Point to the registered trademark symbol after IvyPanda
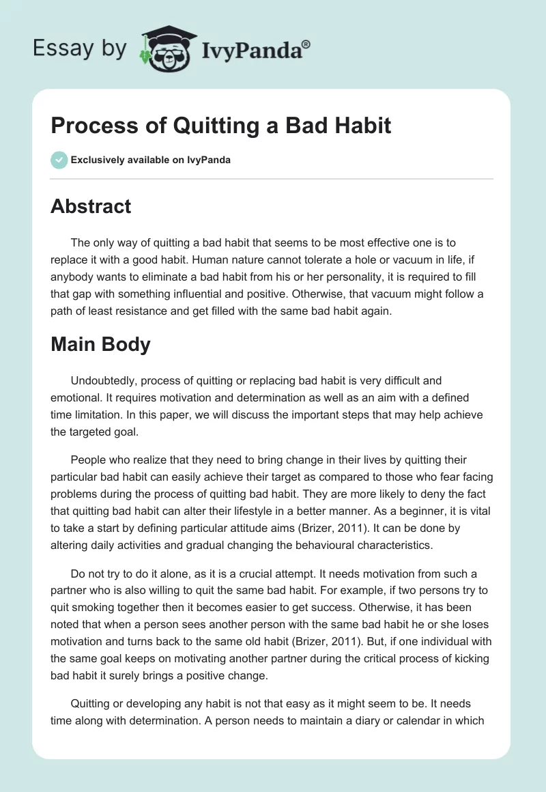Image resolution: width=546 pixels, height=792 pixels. [x=306, y=44]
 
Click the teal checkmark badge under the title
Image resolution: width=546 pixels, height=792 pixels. [x=59, y=160]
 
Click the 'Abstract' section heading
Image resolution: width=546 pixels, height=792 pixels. [x=91, y=207]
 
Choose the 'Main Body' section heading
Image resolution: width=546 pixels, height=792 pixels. [x=100, y=345]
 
